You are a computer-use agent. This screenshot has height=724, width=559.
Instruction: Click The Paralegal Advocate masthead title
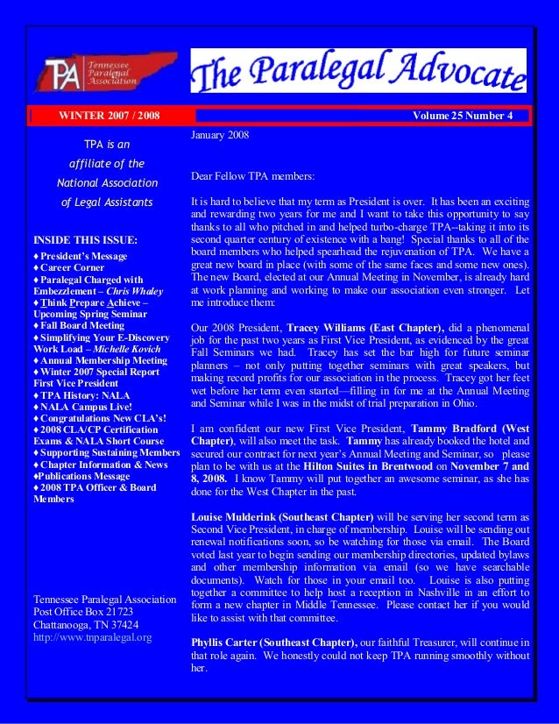click(358, 70)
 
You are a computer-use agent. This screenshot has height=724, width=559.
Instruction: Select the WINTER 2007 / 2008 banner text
click(109, 116)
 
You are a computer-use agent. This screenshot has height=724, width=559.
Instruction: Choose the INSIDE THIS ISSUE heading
click(85, 239)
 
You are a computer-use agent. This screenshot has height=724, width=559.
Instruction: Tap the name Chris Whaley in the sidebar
click(137, 290)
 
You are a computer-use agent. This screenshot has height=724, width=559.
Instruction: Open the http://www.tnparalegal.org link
click(91, 637)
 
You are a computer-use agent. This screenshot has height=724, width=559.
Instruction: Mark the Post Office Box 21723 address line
click(83, 612)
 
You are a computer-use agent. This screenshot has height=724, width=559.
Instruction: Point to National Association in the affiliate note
click(107, 183)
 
